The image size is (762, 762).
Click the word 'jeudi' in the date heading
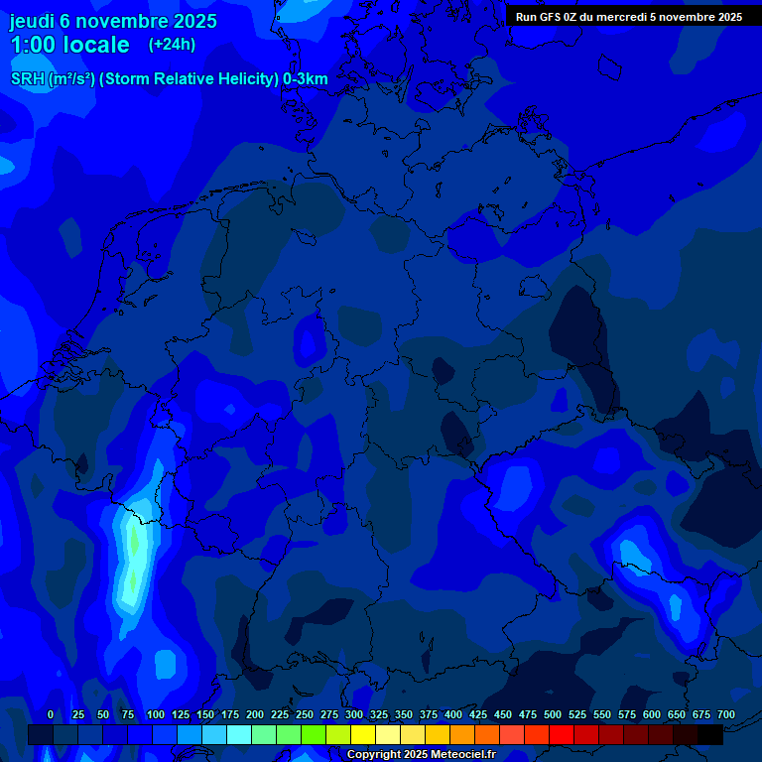point(32,20)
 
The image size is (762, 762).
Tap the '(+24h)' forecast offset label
point(172,44)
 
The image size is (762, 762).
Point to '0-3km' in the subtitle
point(306,79)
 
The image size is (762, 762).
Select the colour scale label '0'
point(51,714)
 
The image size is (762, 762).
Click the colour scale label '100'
point(156,714)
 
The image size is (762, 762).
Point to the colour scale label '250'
point(305,714)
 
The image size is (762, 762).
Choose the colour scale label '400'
point(453,714)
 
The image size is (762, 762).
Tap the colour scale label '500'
point(553,714)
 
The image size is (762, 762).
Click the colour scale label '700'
point(726,714)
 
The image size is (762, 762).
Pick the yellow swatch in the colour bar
point(363,734)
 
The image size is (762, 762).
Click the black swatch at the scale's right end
point(710,734)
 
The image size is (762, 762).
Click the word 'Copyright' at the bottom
point(375,754)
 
